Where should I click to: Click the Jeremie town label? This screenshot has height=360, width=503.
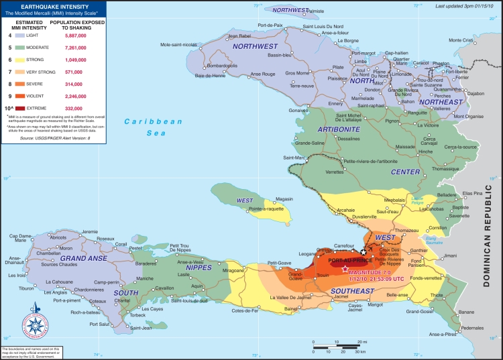90,231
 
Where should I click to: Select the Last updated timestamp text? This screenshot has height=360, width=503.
465,6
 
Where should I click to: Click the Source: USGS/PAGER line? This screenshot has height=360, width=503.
50,137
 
